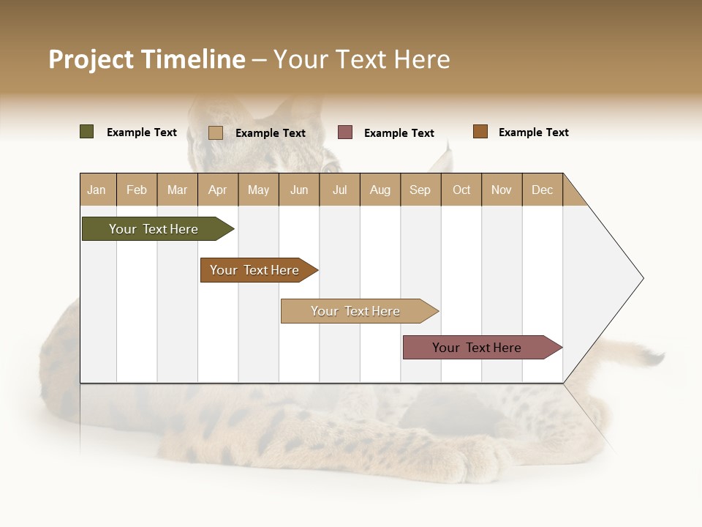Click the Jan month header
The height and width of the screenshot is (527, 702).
[x=97, y=190]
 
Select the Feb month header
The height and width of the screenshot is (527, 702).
[x=137, y=190]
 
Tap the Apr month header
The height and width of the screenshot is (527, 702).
[x=217, y=190]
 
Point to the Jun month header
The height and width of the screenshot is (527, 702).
[x=299, y=190]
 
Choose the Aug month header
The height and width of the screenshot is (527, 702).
[x=380, y=190]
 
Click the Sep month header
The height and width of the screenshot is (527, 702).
[x=420, y=190]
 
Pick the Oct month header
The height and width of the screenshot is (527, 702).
[x=461, y=190]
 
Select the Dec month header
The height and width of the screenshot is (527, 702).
[x=542, y=190]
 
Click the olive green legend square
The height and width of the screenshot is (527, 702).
[x=87, y=132]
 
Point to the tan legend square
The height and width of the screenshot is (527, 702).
[x=216, y=132]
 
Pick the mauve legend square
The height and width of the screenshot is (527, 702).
[x=345, y=132]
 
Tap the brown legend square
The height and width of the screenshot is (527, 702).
[x=480, y=132]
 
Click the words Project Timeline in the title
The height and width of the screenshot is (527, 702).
[x=147, y=59]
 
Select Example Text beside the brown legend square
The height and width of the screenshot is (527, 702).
[x=533, y=132]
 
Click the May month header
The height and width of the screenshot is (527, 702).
[x=258, y=190]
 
